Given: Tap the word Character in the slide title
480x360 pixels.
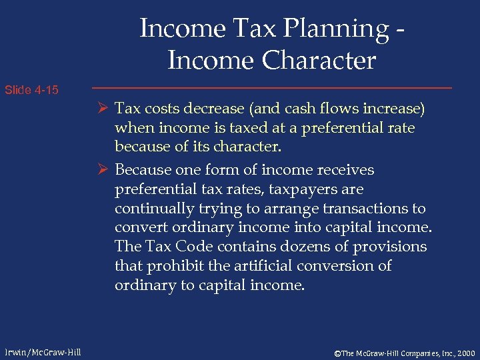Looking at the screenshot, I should pos(319,61).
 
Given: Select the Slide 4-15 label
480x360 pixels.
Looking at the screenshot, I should pos(31,89).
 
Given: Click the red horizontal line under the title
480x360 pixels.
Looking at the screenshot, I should pos(271,88).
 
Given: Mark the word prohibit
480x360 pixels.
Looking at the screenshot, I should pos(175,266).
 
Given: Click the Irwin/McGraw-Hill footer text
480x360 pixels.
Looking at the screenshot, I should pos(41,351).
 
